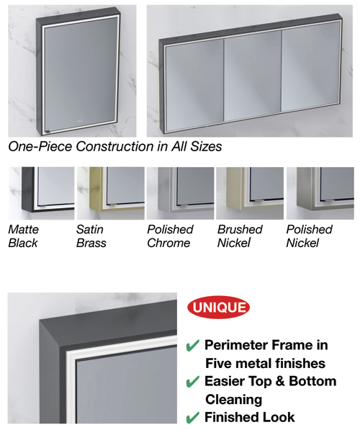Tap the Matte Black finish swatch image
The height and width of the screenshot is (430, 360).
pos(40,192)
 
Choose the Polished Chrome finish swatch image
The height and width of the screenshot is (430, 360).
pos(180,192)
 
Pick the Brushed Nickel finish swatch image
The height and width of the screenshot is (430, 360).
pos(250,192)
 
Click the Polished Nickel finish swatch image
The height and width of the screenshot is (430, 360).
pos(320,192)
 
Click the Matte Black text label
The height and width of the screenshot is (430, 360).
pos(24,236)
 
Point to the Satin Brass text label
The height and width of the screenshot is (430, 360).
pos(91,236)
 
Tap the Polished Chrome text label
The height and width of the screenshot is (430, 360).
pos(170,236)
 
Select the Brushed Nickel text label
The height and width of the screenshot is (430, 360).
pos(240,236)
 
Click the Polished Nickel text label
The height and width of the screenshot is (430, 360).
pos(310,236)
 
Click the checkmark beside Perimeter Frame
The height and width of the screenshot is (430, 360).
pos(192,346)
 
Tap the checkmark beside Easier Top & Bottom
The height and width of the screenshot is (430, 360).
pos(192,382)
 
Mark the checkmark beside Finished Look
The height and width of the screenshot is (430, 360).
pos(192,417)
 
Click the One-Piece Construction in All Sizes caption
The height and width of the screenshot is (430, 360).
pos(115,146)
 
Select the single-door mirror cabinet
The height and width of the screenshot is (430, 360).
pos(74,72)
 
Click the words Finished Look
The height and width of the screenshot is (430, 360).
pos(249,417)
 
